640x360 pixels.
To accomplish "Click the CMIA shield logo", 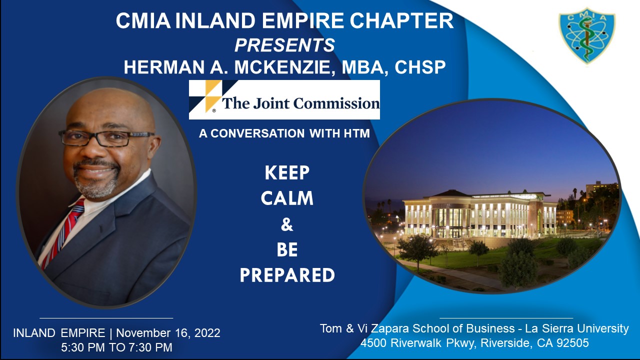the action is (x=587, y=35).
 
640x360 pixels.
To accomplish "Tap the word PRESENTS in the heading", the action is (x=284, y=45).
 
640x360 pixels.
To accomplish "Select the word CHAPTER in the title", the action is (x=401, y=20).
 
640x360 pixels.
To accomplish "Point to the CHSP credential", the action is (x=420, y=67).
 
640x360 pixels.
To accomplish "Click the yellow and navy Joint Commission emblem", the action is (x=205, y=96).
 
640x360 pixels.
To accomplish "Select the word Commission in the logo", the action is (x=337, y=103).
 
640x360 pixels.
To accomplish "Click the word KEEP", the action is (x=287, y=172).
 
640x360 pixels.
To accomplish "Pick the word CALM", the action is (x=287, y=198).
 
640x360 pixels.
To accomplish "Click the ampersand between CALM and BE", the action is (x=287, y=224).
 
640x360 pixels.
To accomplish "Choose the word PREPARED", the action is (x=287, y=275).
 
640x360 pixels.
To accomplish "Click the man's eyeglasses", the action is (x=106, y=138).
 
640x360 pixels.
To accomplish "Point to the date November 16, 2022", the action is (x=168, y=333).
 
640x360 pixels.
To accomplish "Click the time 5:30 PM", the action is (x=83, y=347).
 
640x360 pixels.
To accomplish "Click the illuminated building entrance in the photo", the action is (x=455, y=233).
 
